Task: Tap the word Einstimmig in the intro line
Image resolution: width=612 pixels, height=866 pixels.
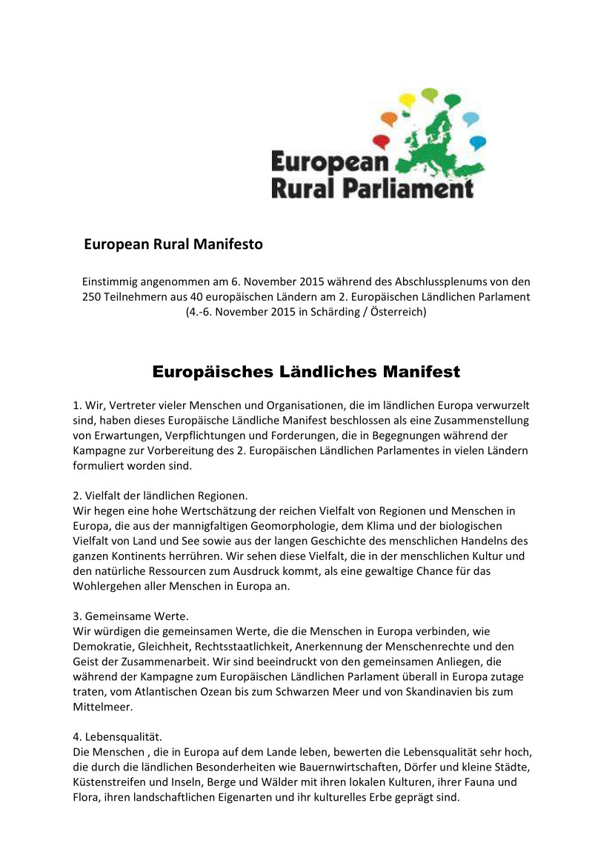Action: pos(108,282)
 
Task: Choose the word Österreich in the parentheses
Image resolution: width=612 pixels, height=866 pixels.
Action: pos(396,312)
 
